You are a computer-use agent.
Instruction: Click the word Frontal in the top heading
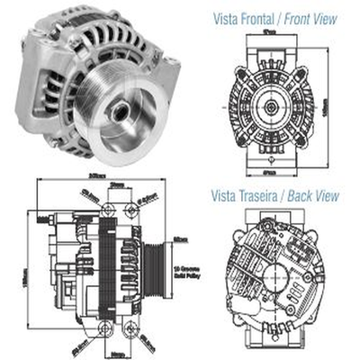[259, 17]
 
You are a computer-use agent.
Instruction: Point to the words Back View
[315, 193]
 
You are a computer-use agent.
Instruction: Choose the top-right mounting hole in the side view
[132, 209]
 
